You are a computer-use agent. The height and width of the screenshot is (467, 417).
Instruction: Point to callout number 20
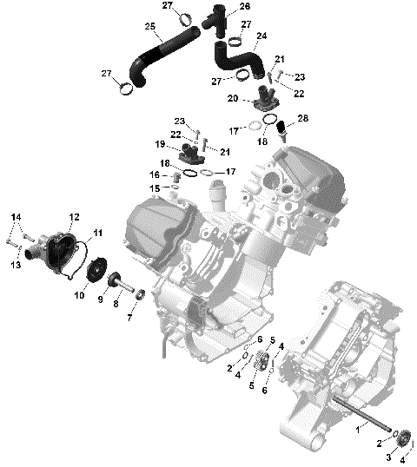pos(233,99)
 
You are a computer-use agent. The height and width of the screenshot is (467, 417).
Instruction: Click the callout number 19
pos(160,144)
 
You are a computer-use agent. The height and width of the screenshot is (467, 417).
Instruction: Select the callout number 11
pos(97,232)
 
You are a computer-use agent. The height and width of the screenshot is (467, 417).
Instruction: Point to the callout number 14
pos(15,216)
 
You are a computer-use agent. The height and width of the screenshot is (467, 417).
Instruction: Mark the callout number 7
pos(130,318)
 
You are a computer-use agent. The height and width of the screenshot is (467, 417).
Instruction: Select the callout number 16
pos(155,175)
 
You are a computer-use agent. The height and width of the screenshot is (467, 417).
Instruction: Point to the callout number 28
pos(302,117)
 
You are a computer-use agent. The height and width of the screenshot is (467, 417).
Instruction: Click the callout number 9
pos(100,299)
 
